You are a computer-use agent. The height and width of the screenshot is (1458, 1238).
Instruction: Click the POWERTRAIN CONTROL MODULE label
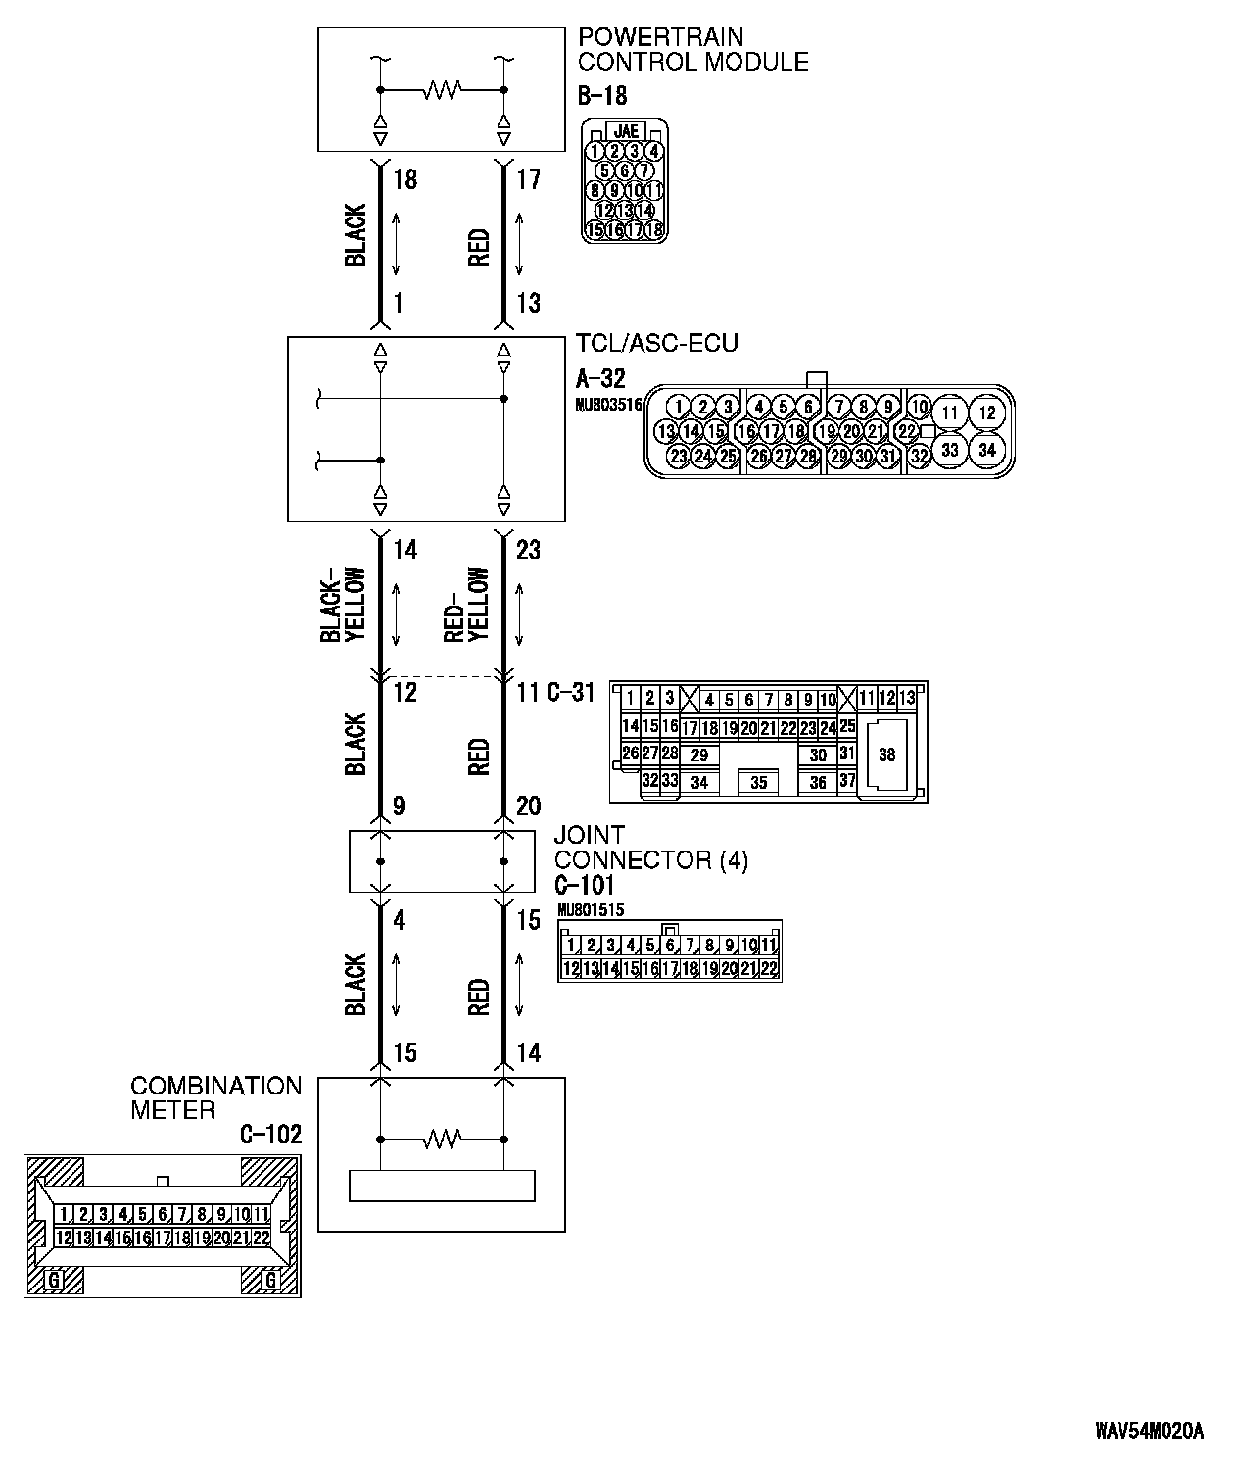[692, 50]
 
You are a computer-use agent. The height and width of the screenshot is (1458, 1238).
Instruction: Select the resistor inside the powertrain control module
[442, 91]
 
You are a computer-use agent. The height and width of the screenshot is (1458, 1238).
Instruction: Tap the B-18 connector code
[601, 96]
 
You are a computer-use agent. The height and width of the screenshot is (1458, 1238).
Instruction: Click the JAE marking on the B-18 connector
[625, 131]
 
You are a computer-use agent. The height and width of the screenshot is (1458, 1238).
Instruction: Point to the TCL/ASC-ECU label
[657, 344]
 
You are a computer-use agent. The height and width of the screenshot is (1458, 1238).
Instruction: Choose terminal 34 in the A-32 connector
[986, 450]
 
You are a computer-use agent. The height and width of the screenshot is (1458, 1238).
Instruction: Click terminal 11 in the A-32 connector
[949, 413]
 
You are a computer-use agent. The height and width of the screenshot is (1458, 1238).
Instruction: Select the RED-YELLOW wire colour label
[466, 605]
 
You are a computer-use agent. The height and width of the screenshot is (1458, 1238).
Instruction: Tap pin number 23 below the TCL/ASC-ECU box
[528, 551]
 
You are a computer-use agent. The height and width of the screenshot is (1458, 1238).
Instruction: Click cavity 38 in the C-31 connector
[886, 754]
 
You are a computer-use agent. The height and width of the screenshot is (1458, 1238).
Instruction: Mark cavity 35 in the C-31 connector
[758, 783]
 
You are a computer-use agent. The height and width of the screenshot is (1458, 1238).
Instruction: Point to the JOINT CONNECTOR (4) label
[650, 848]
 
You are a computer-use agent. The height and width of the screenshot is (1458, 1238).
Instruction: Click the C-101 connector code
[584, 885]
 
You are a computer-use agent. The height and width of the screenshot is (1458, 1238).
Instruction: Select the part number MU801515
[590, 909]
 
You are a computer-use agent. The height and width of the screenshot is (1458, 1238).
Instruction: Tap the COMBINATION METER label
[215, 1098]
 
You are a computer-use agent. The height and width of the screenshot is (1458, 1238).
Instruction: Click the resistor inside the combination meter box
[442, 1140]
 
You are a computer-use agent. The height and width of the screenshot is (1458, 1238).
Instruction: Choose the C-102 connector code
[270, 1135]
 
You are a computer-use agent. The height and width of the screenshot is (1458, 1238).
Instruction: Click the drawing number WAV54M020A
[1149, 1432]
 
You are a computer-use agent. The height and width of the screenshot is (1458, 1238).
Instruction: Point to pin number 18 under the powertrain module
[405, 180]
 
